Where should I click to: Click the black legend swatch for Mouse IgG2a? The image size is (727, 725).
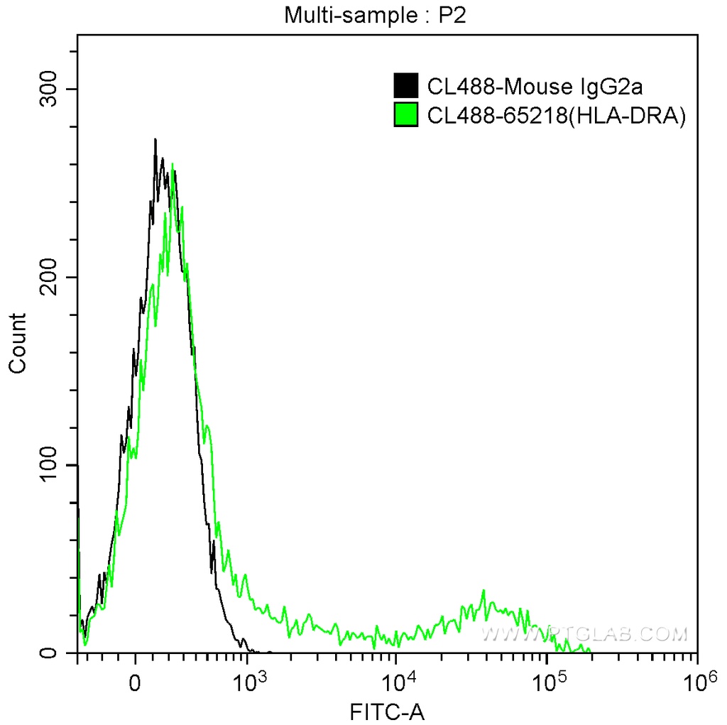pos(406,86)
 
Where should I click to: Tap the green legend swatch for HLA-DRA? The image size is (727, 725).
pos(406,114)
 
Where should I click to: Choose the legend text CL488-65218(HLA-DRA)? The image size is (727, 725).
pos(556,115)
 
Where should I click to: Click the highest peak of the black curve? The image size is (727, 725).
pos(155,139)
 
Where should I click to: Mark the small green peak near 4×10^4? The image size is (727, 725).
pos(483,591)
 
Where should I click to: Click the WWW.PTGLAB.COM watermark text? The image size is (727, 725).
pos(584,632)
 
